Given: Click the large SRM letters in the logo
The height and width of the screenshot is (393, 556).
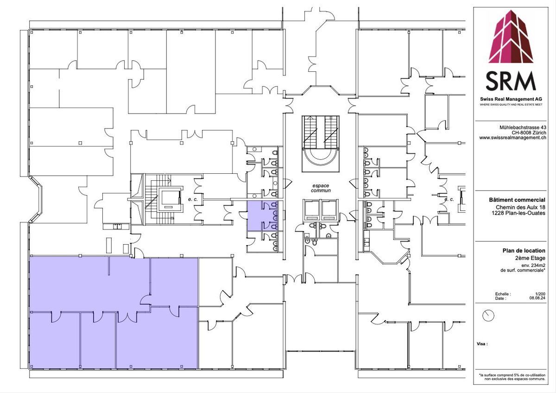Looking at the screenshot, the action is [x=511, y=81].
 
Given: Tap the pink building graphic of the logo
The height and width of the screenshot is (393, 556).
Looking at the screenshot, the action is [x=511, y=37].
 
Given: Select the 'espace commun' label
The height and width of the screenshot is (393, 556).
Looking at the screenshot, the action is [x=321, y=188].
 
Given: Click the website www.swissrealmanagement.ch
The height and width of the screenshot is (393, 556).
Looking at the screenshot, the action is [x=512, y=138].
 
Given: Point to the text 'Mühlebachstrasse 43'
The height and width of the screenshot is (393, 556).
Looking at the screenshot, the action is [x=523, y=127].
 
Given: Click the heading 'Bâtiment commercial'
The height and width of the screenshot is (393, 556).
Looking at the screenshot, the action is [x=517, y=200].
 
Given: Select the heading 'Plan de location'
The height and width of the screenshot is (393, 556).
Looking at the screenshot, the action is [x=524, y=251].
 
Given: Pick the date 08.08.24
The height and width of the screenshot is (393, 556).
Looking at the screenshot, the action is [x=537, y=298].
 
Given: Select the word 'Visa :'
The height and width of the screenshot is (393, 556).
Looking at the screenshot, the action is [x=482, y=344].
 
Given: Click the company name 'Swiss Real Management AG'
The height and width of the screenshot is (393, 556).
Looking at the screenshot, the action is [x=511, y=99].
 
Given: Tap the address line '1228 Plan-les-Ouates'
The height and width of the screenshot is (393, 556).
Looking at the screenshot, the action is [x=518, y=213].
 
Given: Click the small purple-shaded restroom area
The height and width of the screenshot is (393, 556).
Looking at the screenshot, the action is [x=263, y=216].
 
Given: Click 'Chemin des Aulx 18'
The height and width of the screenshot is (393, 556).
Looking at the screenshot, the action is [x=520, y=207].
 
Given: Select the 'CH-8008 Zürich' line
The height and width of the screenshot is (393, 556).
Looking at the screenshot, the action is [x=529, y=133].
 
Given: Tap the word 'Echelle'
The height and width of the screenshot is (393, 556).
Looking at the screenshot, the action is [x=503, y=294].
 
